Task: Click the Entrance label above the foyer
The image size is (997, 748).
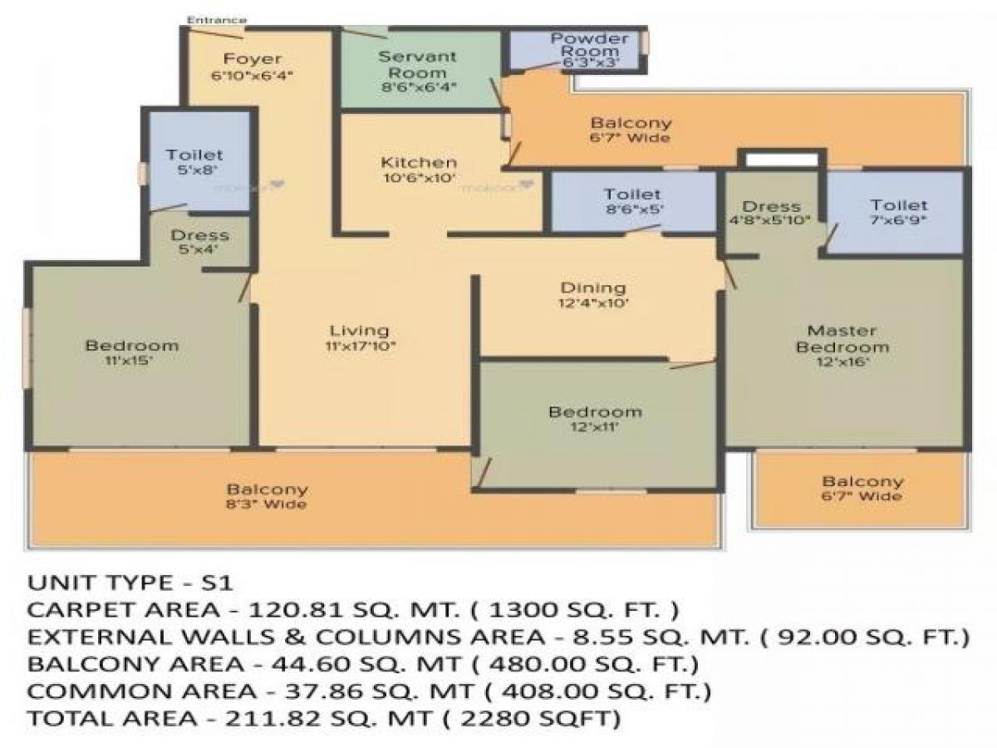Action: [216, 19]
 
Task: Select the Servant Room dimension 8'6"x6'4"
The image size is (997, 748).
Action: [418, 86]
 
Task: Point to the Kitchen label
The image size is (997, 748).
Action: [419, 162]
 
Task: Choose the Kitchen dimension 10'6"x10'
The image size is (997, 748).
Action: [419, 178]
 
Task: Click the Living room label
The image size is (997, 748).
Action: [358, 330]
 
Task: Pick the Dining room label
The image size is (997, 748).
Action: [593, 288]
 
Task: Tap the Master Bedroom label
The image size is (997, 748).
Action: [842, 338]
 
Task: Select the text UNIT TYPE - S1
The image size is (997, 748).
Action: [136, 582]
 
